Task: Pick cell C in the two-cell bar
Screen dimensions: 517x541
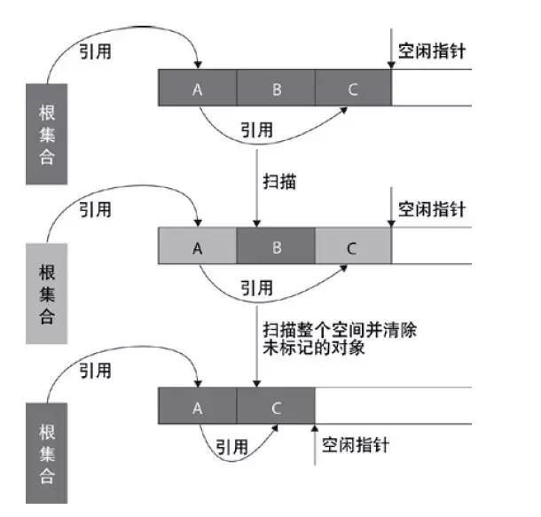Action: pyautogui.click(x=275, y=407)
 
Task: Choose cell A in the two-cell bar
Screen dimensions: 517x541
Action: pyautogui.click(x=197, y=407)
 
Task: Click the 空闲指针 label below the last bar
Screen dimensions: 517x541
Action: pyautogui.click(x=355, y=444)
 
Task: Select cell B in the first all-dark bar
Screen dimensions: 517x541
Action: pyautogui.click(x=275, y=89)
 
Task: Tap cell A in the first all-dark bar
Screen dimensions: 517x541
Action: pyautogui.click(x=197, y=89)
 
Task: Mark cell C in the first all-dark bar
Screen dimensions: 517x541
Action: pyautogui.click(x=352, y=89)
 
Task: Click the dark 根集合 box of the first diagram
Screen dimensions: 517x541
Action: pyautogui.click(x=47, y=134)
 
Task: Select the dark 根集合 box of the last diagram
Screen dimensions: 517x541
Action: pyautogui.click(x=47, y=452)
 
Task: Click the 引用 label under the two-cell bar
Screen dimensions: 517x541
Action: pyautogui.click(x=232, y=447)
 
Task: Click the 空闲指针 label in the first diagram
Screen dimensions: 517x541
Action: pyautogui.click(x=432, y=51)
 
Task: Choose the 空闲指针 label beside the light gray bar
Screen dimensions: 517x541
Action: pyautogui.click(x=432, y=209)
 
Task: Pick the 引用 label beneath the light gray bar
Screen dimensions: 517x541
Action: pyautogui.click(x=257, y=288)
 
